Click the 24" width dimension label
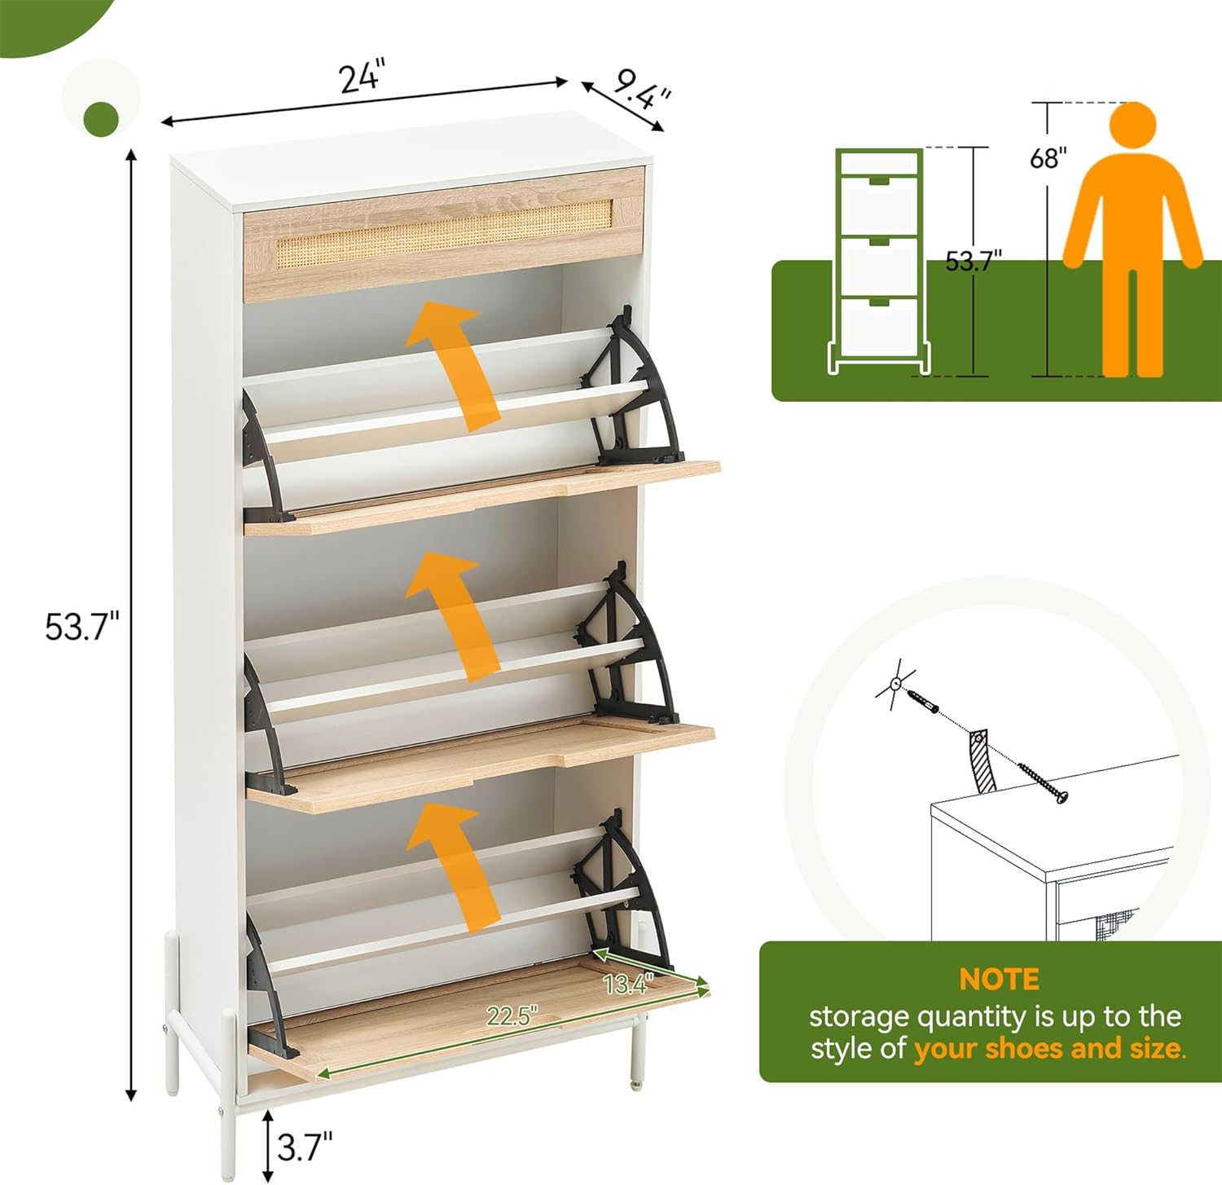360,78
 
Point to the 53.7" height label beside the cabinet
81,627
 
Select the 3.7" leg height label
305,1147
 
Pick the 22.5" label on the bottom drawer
512,1015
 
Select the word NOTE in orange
999,979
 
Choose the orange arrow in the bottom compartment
455,865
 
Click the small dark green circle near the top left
101,118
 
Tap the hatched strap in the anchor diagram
980,760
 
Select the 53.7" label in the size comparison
973,261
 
